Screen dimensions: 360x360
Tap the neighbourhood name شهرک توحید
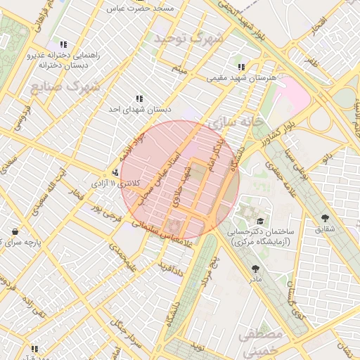pos(190,37)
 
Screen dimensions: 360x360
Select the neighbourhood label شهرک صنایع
pos(65,87)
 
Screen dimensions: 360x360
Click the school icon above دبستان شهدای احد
pos(139,99)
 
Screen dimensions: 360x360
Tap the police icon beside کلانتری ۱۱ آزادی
pos(115,173)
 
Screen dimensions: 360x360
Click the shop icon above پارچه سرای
pos(15,231)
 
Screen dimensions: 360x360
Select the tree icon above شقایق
pos(325,219)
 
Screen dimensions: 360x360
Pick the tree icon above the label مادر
pos(255,269)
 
